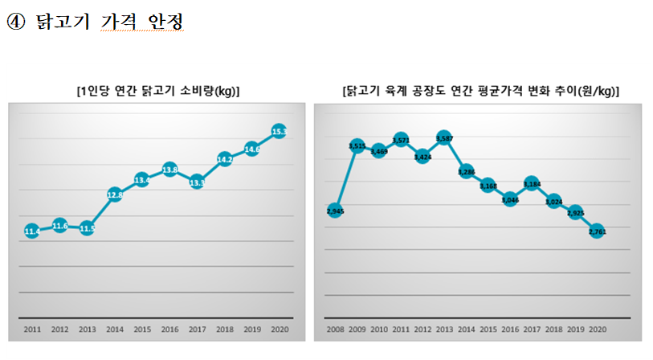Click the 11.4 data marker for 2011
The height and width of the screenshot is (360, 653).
32,231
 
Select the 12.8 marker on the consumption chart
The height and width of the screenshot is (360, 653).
115,194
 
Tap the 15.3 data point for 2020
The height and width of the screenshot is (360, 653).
280,131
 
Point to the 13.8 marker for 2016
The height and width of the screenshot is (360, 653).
170,170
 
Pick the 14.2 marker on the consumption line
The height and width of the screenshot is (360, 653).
225,159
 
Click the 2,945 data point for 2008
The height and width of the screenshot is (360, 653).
335,211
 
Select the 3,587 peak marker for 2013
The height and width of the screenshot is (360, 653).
444,139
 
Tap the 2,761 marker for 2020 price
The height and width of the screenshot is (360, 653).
597,231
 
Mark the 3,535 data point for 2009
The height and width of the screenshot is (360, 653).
357,145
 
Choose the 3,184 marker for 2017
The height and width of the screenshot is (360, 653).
531,184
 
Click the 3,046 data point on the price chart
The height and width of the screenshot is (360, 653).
509,199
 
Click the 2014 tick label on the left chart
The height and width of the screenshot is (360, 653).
115,329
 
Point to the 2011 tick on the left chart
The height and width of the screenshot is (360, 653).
32,329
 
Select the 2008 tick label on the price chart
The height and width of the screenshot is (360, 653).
335,329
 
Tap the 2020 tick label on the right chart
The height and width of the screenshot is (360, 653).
597,329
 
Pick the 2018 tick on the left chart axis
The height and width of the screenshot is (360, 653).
225,329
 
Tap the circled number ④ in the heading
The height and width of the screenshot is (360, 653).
14,22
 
